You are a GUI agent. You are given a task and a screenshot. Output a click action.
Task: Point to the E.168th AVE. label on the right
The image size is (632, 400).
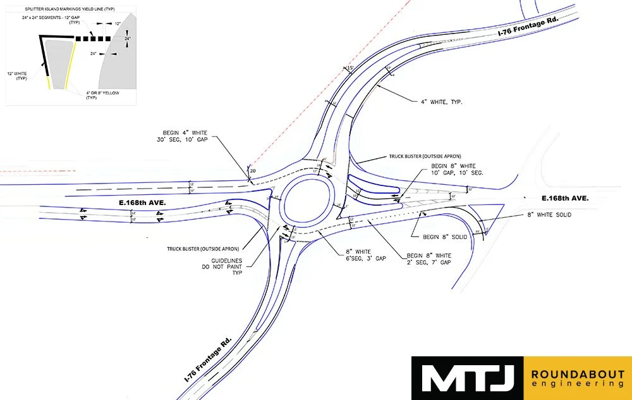[562, 198]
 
